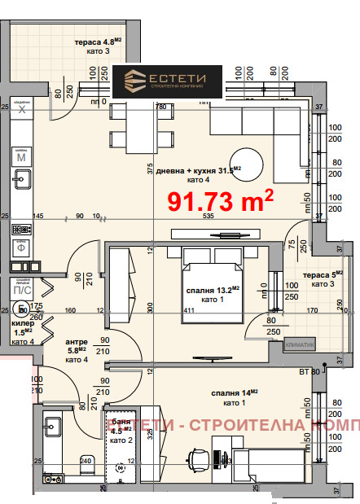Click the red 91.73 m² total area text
(x=220, y=200)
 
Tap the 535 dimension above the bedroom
(x=209, y=217)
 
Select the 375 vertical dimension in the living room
(x=151, y=169)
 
